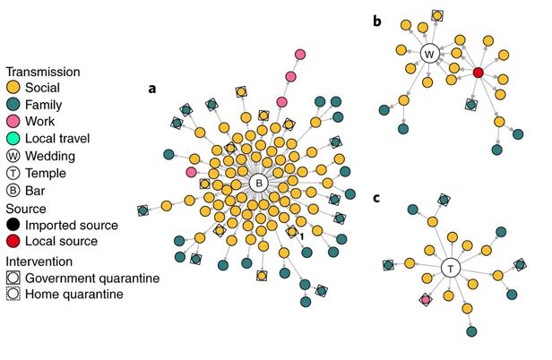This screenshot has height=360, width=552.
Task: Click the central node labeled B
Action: (258, 183)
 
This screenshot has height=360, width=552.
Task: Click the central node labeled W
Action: (429, 54)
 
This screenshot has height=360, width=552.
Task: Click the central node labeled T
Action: (450, 268)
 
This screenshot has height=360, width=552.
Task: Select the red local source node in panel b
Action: (479, 72)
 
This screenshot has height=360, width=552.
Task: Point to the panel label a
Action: (152, 88)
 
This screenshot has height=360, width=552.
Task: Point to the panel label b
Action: (378, 19)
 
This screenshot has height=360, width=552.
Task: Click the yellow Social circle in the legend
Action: (13, 88)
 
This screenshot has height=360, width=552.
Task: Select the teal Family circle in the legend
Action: (13, 104)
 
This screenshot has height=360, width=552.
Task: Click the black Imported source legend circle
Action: (13, 224)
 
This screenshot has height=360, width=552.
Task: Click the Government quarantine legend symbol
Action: (13, 278)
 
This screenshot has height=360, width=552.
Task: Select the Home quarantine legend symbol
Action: (13, 294)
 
